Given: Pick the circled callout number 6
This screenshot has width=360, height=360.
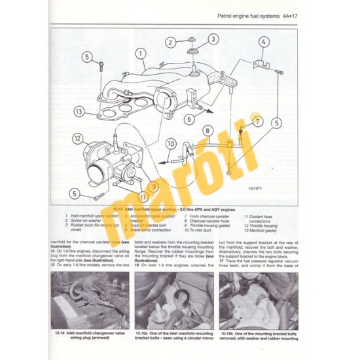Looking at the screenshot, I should pos(188,119).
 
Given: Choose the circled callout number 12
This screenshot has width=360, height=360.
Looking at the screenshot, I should pos(78,138).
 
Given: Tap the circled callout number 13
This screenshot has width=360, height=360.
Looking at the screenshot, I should pos(79,111).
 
